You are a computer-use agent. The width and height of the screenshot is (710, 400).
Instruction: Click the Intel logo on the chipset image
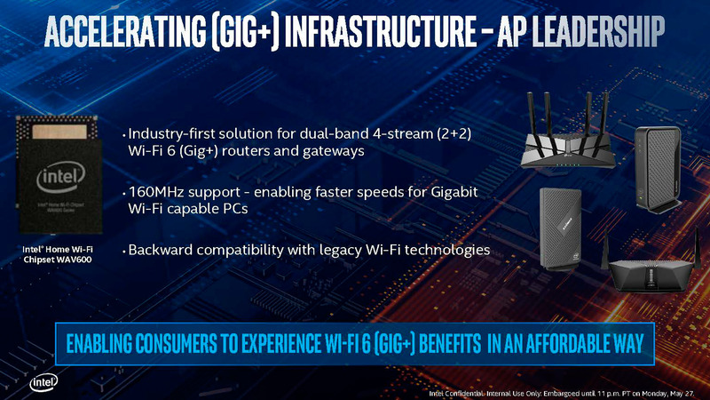61,181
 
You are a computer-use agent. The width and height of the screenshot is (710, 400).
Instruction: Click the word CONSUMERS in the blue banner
196,342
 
